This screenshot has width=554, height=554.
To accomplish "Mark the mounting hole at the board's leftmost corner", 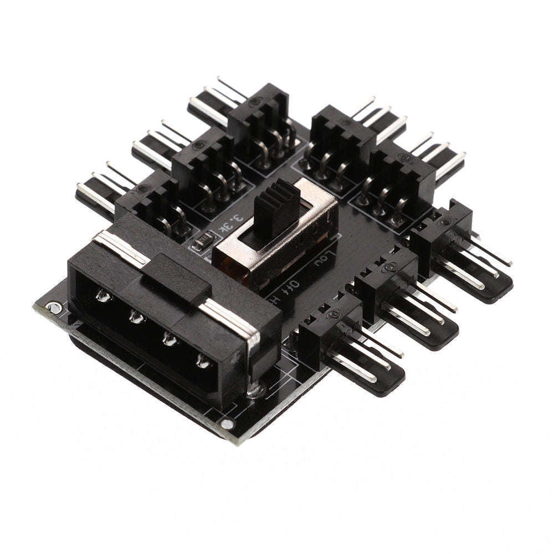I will (x=53, y=306).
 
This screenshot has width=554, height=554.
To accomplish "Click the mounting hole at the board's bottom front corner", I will (x=227, y=425).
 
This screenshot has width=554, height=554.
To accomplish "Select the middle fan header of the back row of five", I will (x=258, y=122).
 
